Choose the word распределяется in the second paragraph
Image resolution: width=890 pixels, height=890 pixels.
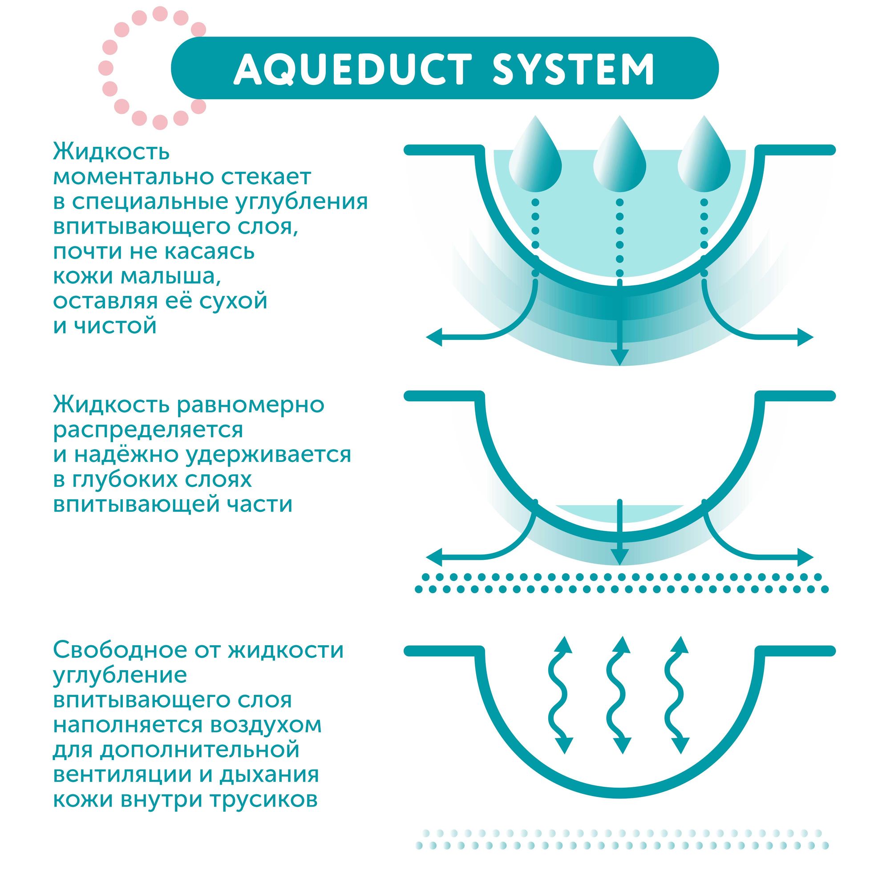point(148,430)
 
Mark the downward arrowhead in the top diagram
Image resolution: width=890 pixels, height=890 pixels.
point(619,357)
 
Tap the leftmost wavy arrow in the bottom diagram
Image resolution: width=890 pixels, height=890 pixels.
point(561,700)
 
